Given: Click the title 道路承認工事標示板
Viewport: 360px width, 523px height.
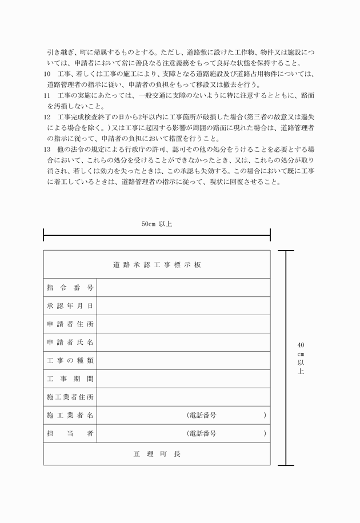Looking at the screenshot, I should click(157, 265).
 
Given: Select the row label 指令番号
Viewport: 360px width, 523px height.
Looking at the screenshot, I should click(70, 288).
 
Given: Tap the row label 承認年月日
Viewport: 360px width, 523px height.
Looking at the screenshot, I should click(70, 306).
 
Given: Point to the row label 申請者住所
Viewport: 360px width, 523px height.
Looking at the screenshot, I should click(70, 324).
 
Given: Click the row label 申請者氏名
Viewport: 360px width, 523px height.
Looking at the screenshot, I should click(70, 343).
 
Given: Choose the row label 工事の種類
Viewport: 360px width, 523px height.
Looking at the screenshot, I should click(70, 361).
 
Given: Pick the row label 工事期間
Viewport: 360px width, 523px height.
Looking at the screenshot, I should click(70, 379).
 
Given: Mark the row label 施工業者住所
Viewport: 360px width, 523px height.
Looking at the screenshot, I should click(70, 397).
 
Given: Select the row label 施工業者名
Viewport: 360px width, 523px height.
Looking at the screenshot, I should click(70, 415).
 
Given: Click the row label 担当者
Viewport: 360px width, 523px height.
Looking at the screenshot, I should click(70, 433).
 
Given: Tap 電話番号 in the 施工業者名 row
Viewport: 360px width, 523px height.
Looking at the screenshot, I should click(202, 415).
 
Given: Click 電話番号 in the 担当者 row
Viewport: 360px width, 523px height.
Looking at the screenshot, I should click(202, 433).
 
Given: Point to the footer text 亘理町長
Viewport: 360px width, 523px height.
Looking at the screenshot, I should click(157, 454).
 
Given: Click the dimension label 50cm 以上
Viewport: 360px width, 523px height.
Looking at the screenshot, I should click(157, 224).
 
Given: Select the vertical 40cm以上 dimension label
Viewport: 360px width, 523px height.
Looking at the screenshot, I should click(301, 358).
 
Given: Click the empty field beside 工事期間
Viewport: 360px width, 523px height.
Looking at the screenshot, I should click(183, 379).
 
